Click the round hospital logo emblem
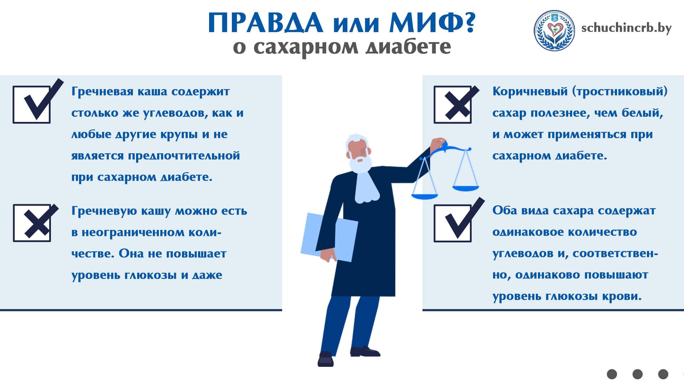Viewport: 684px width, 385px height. tap(554, 30)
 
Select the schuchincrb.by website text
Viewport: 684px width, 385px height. tap(626, 28)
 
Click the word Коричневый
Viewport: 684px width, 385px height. tap(530, 92)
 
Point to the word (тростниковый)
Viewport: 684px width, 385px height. tap(620, 92)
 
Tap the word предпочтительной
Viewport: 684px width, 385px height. tap(184, 156)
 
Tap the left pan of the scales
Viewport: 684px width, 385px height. tap(424, 196)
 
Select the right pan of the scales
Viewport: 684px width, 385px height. tap(466, 187)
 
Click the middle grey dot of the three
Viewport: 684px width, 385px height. tap(637, 374)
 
